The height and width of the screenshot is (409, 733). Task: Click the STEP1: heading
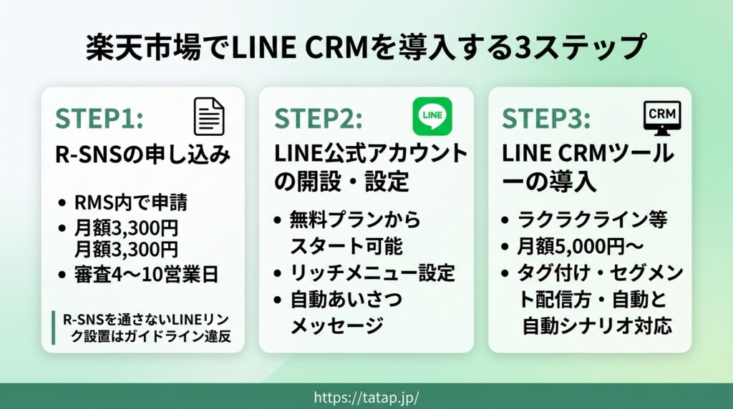pyautogui.click(x=99, y=118)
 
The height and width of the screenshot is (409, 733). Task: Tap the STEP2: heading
pyautogui.click(x=319, y=118)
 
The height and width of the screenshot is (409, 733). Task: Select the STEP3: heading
pyautogui.click(x=546, y=118)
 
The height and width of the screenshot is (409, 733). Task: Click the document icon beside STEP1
pyautogui.click(x=209, y=117)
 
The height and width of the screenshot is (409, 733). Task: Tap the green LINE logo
pyautogui.click(x=432, y=117)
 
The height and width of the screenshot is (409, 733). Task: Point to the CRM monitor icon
pyautogui.click(x=662, y=118)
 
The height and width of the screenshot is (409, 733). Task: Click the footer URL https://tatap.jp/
pyautogui.click(x=366, y=398)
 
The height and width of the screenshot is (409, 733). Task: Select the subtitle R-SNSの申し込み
pyautogui.click(x=143, y=155)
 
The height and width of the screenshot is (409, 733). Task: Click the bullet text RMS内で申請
pyautogui.click(x=131, y=202)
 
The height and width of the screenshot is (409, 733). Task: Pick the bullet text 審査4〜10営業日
pyautogui.click(x=146, y=275)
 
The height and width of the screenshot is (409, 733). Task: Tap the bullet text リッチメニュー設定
pyautogui.click(x=372, y=273)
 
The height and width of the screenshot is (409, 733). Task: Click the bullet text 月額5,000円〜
pyautogui.click(x=581, y=247)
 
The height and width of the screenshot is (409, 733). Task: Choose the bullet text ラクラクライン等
pyautogui.click(x=592, y=220)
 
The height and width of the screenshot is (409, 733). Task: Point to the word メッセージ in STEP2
pyautogui.click(x=337, y=325)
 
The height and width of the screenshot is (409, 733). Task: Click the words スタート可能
pyautogui.click(x=346, y=246)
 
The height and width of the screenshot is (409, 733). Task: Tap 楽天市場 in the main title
pyautogui.click(x=143, y=48)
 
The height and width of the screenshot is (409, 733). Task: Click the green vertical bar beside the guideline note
pyautogui.click(x=53, y=327)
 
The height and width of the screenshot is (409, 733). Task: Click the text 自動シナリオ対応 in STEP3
pyautogui.click(x=597, y=326)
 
